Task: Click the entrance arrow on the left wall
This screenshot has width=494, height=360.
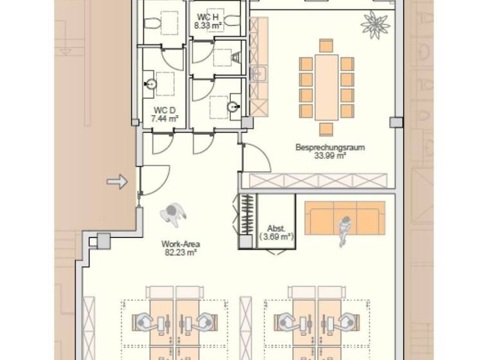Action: tap(117, 182)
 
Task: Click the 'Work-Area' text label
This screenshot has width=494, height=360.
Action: tap(180, 244)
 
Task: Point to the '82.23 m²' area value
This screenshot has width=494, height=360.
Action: tap(180, 253)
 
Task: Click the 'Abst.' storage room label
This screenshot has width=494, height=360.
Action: tap(276, 228)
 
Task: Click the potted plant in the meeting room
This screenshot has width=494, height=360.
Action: tap(375, 24)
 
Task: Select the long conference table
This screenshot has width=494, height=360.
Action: tap(327, 87)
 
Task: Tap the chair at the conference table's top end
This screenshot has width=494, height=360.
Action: tap(326, 46)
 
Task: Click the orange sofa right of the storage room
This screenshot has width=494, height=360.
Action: tap(344, 219)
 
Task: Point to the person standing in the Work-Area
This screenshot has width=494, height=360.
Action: tap(174, 213)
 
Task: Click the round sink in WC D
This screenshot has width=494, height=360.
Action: tap(151, 84)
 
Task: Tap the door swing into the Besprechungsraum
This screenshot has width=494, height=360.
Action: tap(255, 158)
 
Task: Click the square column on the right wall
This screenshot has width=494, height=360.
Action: tap(396, 122)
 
